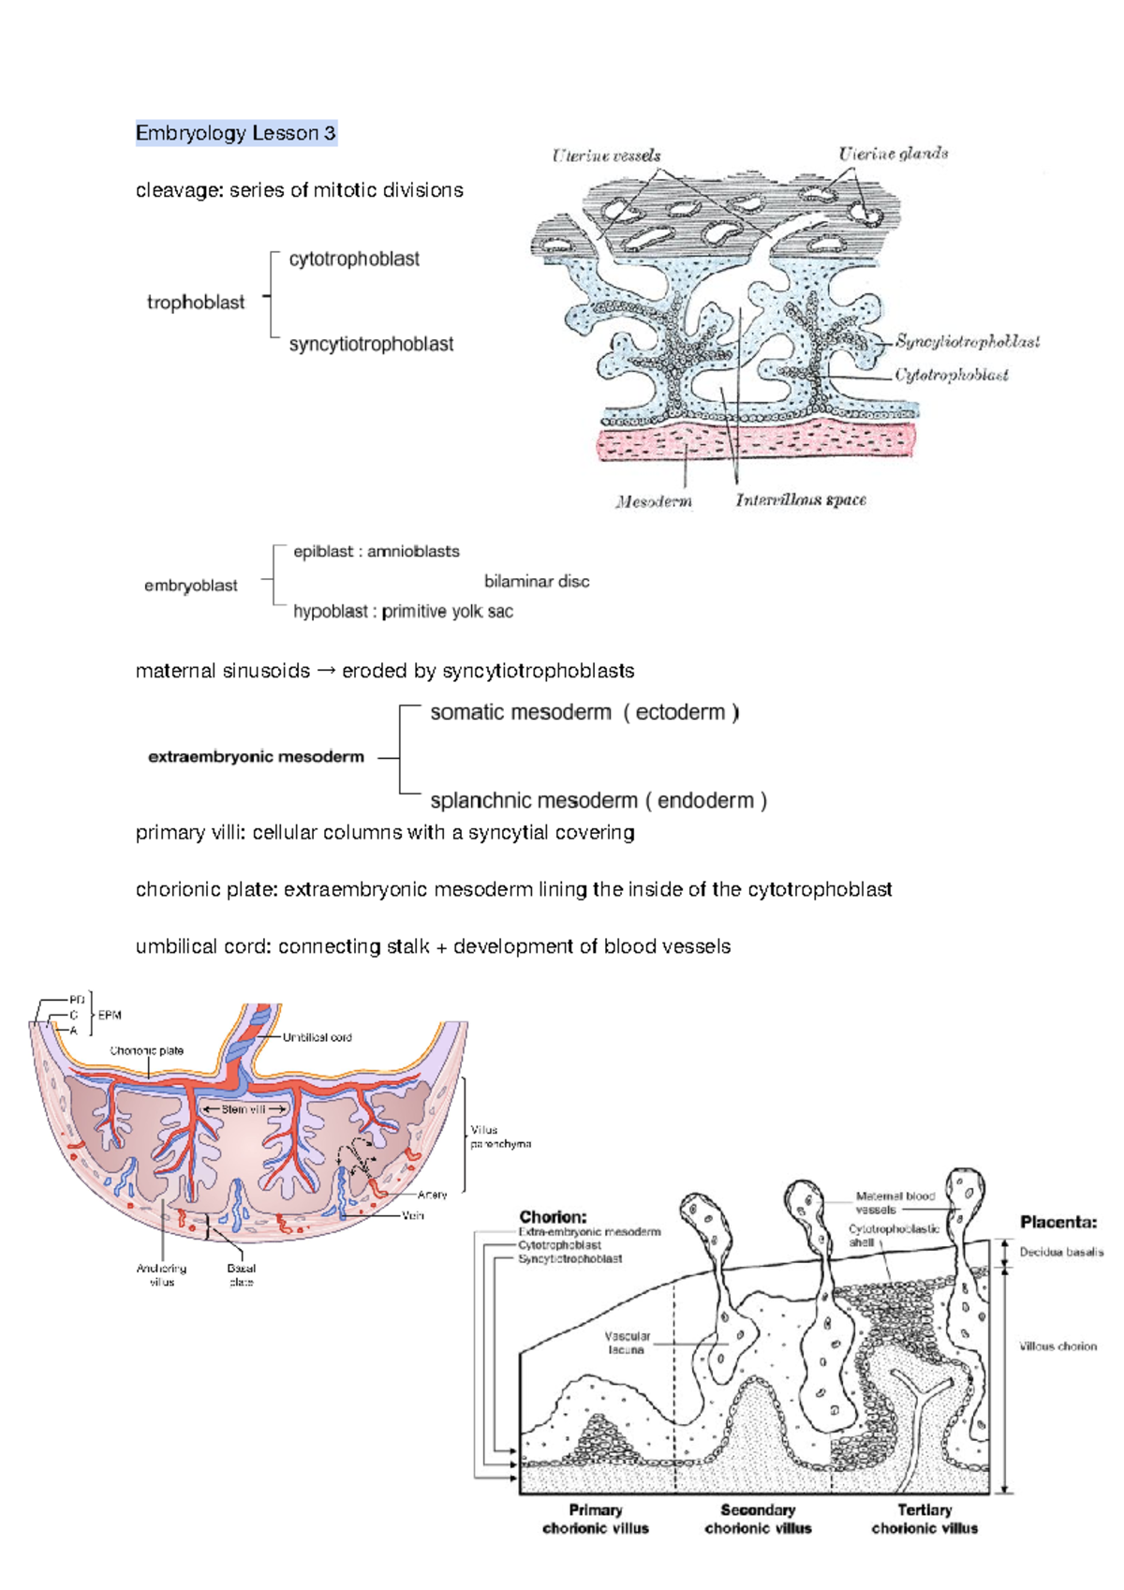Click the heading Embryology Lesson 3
235,133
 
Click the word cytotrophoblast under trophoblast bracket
354,260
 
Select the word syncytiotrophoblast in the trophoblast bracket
371,344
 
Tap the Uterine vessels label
606,156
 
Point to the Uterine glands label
893,154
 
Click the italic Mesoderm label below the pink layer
654,501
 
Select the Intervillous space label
800,500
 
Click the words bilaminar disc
537,581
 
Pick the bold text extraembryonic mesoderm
256,757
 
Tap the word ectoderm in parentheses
680,712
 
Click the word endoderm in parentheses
705,800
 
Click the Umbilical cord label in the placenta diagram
317,1037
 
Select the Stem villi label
244,1109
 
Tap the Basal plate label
242,1275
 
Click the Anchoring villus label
162,1275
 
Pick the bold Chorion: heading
553,1216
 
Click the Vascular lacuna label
627,1343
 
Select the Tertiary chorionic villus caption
924,1519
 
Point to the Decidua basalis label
1061,1252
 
